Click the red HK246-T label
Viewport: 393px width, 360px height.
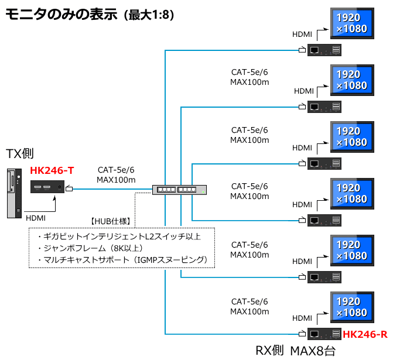point(52,170)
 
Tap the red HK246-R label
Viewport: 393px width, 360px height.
point(365,335)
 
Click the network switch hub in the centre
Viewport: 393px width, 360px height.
point(179,190)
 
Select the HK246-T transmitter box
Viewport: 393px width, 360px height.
point(48,188)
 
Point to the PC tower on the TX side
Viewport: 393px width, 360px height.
point(13,194)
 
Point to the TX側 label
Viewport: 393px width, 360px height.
point(20,154)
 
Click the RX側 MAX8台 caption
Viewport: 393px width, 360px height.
point(296,351)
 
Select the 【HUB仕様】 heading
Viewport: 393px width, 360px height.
point(111,221)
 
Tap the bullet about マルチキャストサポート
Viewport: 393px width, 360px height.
point(122,259)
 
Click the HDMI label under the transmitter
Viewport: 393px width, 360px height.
point(36,218)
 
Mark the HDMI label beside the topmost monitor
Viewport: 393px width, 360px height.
point(302,35)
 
